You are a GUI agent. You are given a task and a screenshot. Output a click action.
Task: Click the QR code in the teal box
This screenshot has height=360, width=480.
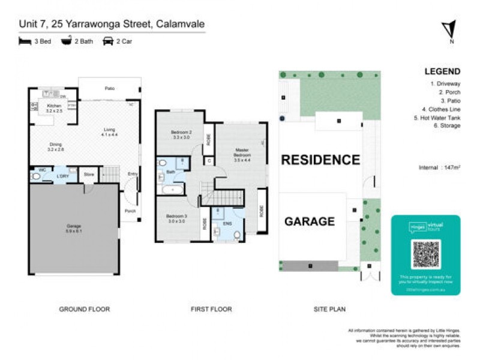point(426,254)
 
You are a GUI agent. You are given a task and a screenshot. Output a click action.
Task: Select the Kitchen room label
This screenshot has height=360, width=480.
point(54,108)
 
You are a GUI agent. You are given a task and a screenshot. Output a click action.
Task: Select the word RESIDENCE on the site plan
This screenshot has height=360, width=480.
point(320,160)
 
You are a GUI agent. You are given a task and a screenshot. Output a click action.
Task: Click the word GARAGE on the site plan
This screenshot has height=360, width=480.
point(309,221)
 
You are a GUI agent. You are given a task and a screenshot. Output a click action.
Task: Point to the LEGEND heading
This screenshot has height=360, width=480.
point(442,72)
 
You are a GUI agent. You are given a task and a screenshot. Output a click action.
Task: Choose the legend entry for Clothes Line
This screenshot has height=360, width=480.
point(441,109)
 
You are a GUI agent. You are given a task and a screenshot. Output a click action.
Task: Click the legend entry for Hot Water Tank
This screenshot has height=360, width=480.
point(439,118)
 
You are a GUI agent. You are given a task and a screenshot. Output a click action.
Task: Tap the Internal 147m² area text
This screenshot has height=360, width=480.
point(440,168)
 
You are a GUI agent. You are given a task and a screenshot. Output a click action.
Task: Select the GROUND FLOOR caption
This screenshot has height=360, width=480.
point(84,310)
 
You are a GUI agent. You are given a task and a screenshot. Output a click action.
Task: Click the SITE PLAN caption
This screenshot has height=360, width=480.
point(329,310)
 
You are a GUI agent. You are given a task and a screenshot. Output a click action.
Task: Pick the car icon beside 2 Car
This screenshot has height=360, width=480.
point(109,41)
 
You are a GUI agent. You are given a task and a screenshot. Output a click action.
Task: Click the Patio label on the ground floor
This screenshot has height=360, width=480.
point(109,89)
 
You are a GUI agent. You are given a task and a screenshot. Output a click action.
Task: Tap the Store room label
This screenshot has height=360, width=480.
point(89,175)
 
